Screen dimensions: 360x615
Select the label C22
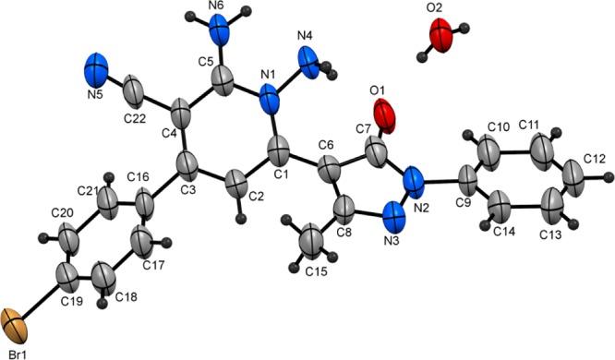pos(134,118)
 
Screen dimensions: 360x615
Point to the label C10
pos(498,125)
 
